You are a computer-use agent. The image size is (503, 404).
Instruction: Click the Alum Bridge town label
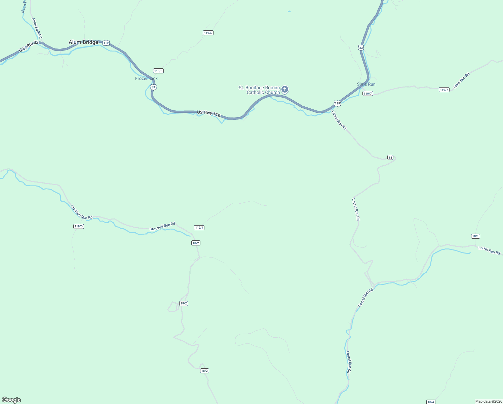pyautogui.click(x=83, y=42)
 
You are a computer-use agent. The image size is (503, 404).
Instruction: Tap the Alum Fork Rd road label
pyautogui.click(x=37, y=28)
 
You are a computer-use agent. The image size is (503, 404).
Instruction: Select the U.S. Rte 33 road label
pyautogui.click(x=29, y=47)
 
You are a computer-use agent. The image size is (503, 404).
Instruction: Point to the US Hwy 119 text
pyautogui.click(x=209, y=114)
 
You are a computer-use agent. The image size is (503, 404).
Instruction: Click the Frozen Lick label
pyautogui.click(x=146, y=78)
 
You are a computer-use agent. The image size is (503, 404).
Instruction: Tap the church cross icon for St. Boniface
pyautogui.click(x=284, y=90)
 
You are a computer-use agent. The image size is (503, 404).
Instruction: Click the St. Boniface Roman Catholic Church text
pyautogui.click(x=259, y=90)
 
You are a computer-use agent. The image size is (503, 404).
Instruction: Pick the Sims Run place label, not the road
pyautogui.click(x=366, y=84)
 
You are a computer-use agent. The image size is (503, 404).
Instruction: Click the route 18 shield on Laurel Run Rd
pyautogui.click(x=390, y=158)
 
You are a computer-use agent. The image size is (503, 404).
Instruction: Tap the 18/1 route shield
pyautogui.click(x=475, y=236)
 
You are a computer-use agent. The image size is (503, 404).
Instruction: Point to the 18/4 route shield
pyautogui.click(x=431, y=402)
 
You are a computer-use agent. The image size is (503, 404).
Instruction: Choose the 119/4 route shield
pyautogui.click(x=199, y=228)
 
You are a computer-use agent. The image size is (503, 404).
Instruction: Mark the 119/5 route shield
pyautogui.click(x=78, y=226)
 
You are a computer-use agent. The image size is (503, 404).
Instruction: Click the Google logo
pyautogui.click(x=11, y=400)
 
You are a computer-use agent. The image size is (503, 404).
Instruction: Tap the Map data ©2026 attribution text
pyautogui.click(x=488, y=401)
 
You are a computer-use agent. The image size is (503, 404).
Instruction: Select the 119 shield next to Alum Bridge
pyautogui.click(x=106, y=43)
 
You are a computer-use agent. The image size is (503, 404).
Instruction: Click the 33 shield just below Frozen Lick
pyautogui.click(x=153, y=87)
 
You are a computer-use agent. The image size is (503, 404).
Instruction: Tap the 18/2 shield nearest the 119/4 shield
pyautogui.click(x=196, y=243)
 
